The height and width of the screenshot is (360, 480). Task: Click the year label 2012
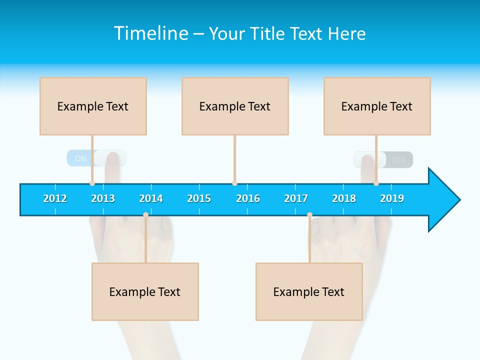point(55,198)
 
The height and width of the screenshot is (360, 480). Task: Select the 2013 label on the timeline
point(103,198)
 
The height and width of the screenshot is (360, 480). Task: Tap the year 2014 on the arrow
point(151,198)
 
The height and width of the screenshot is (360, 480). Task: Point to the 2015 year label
point(199,198)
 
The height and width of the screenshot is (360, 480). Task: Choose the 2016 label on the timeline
point(248,198)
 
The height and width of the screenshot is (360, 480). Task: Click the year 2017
point(296,198)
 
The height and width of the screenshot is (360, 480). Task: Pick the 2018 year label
point(344,198)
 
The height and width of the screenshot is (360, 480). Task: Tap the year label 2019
point(392,198)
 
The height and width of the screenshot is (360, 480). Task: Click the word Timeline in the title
point(150,33)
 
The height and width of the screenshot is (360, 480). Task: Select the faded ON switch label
point(80,158)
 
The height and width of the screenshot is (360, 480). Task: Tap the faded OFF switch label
point(399,160)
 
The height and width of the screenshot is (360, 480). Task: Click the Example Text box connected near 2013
point(93,106)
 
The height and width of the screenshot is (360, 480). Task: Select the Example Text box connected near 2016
point(235,106)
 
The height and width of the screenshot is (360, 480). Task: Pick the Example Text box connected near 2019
point(377,106)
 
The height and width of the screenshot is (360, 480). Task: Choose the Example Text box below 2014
point(145,291)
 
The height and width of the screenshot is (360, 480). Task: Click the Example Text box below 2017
point(309,291)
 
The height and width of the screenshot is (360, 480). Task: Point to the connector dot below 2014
point(145,215)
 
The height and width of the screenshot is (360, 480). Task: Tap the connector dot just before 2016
point(234,183)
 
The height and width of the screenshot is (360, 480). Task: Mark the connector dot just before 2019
point(376,183)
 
